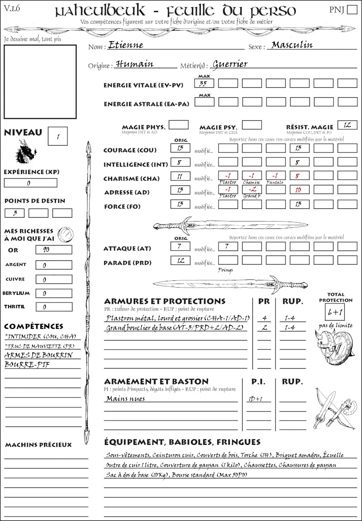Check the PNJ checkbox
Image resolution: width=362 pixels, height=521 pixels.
[x=351, y=10]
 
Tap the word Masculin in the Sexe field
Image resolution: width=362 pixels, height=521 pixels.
[x=292, y=45]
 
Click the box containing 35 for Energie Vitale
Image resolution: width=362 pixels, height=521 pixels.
[x=203, y=83]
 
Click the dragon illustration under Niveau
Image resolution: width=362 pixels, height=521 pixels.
[x=26, y=152]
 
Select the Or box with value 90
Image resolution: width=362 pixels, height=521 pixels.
[x=53, y=250]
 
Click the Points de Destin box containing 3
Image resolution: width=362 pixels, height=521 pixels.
[x=14, y=213]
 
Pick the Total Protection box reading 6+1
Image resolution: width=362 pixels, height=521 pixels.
[x=336, y=312]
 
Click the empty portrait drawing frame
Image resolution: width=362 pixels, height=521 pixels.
[x=40, y=81]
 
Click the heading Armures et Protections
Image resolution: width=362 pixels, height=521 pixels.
[x=165, y=301]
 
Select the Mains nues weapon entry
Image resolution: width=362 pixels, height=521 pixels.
[x=125, y=398]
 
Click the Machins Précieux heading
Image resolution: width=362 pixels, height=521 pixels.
[x=38, y=445]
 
